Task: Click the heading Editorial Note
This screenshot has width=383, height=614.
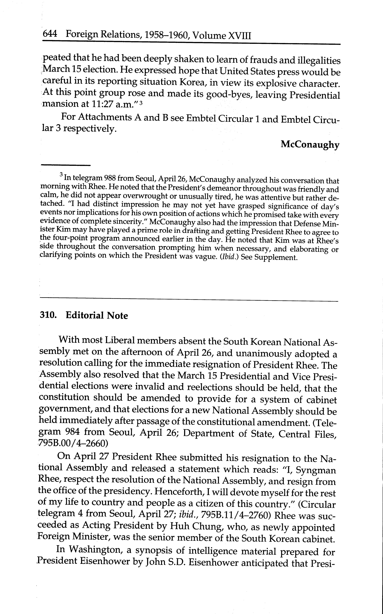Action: (97, 316)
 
